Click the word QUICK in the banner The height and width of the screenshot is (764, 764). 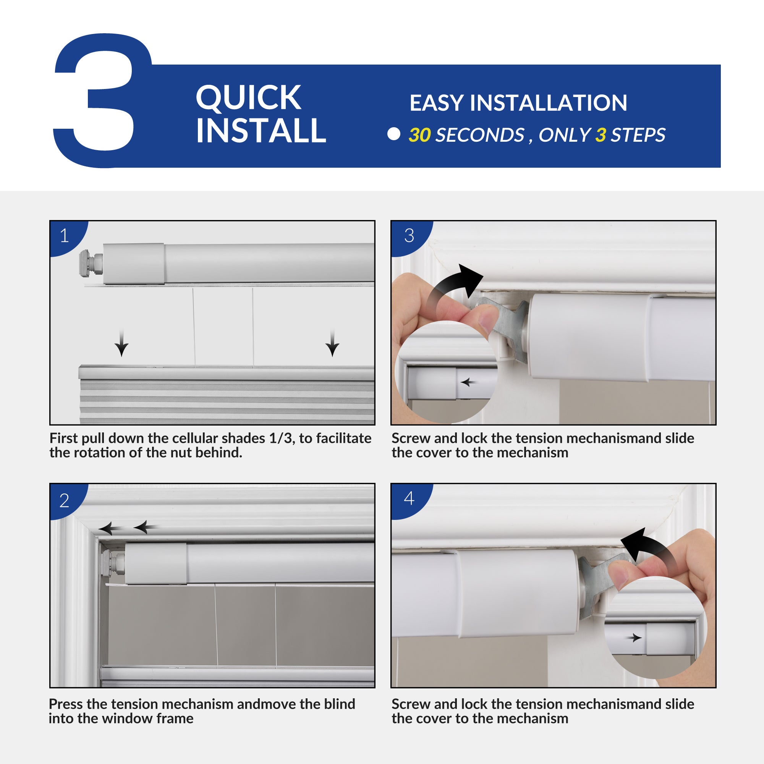pos(248,98)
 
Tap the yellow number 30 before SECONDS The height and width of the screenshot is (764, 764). pos(419,135)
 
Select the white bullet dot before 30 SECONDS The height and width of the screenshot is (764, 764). pos(394,134)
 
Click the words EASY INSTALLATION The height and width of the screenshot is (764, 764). pos(518,103)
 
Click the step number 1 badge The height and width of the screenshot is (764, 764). pos(65,236)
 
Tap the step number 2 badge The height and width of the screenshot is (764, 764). pos(65,501)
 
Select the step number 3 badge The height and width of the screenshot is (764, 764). pos(409,236)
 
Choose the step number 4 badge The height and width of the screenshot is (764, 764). pos(409,498)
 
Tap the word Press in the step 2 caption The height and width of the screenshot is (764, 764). pos(66,704)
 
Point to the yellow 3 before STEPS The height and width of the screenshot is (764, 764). pos(601,135)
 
